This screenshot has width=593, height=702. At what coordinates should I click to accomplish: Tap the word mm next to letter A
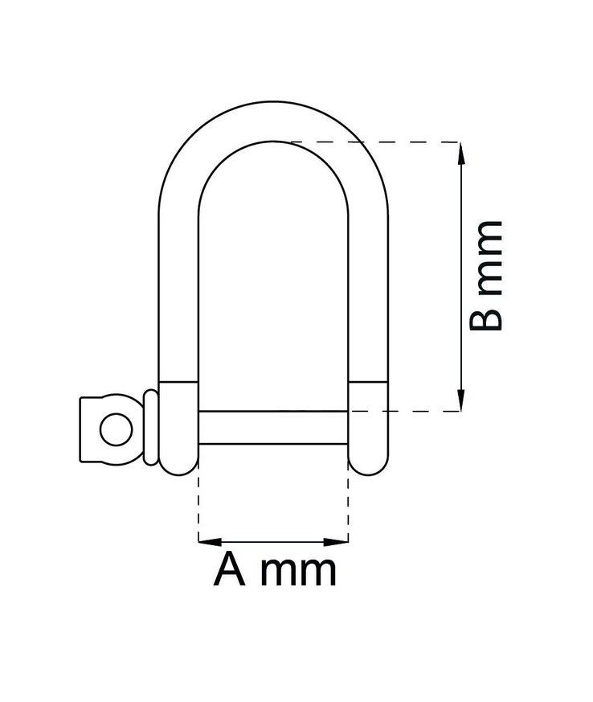(x=301, y=573)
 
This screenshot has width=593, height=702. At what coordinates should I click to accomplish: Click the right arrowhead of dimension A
(x=343, y=540)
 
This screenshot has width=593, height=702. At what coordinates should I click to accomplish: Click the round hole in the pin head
(x=115, y=429)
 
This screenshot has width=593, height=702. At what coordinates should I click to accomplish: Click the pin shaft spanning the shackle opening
(x=273, y=427)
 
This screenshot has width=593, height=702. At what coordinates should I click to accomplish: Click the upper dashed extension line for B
(x=378, y=142)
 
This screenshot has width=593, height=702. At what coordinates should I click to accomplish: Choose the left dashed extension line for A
(x=198, y=507)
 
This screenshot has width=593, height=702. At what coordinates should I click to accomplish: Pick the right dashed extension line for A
(x=348, y=507)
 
